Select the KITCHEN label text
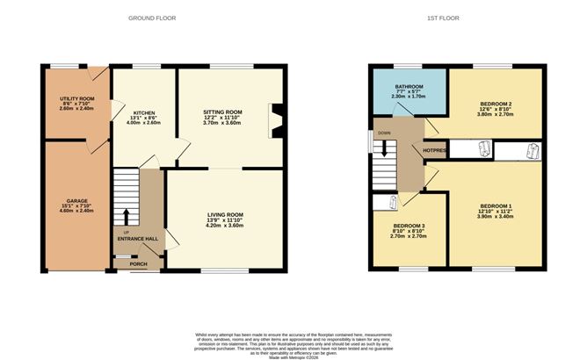coord(144,113)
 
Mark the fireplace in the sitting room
coord(276,122)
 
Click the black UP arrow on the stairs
coord(126,215)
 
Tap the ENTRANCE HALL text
coord(139,238)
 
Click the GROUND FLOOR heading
coord(152,18)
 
